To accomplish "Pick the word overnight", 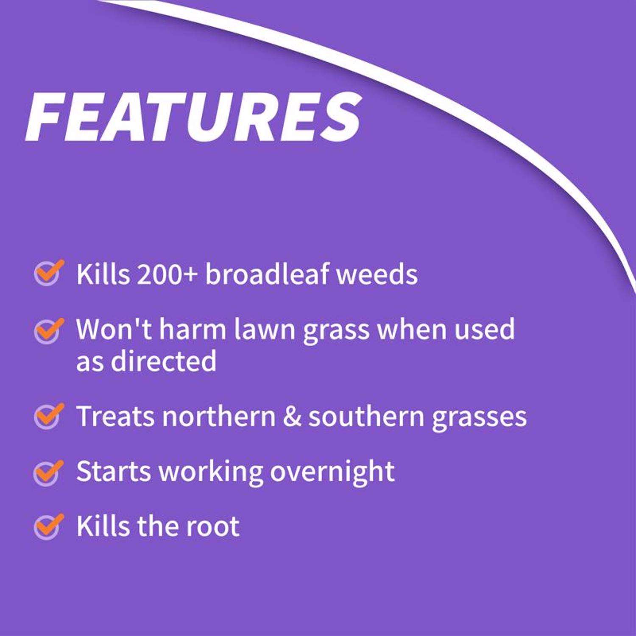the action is tap(332, 472).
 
